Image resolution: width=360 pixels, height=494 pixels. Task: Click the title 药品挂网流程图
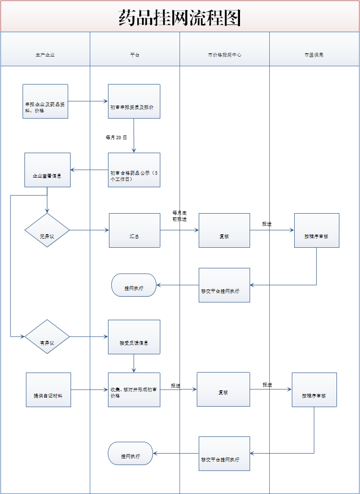pos(180,18)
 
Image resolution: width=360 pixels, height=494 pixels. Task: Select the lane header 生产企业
pos(45,55)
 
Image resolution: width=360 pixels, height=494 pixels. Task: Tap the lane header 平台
pos(134,55)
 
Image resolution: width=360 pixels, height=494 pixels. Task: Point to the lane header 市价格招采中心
pos(224,55)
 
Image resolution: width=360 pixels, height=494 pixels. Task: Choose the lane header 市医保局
pos(314,55)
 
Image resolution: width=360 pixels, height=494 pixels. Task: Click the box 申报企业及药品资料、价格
pos(45,101)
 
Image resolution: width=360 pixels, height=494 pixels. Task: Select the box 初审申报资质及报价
pos(134,101)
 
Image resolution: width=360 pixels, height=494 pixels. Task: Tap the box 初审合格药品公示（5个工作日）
pos(134,169)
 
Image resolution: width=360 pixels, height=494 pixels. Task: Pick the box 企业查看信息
pos(48,169)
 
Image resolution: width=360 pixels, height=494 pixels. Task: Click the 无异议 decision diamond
pos(47,230)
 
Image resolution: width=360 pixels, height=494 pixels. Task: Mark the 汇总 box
pos(134,230)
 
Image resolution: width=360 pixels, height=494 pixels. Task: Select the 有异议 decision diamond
pos(47,337)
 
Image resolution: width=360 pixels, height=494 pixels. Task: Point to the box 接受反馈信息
pos(134,337)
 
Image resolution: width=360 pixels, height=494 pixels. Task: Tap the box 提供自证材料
pos(48,389)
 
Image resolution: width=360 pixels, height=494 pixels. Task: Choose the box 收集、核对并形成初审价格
pos(134,389)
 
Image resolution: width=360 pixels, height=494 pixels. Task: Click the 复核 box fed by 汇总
pos(224,230)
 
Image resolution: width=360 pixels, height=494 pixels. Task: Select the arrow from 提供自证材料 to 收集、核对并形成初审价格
pos(89,389)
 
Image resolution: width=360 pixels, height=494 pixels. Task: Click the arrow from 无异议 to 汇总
pos(89,230)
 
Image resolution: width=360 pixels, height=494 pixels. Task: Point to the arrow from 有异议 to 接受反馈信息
pos(89,337)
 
